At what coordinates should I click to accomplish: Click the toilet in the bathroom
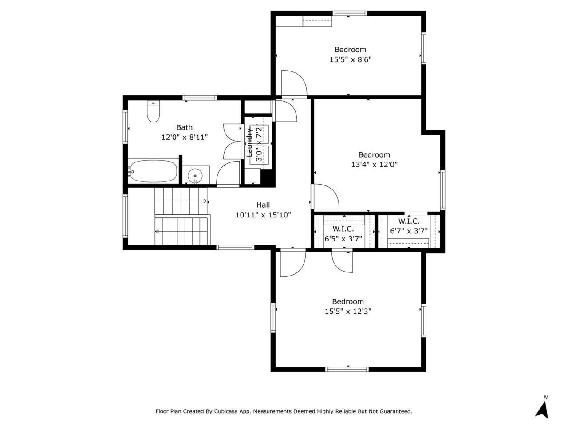tap(153, 111)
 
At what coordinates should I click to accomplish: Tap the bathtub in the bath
tap(153, 171)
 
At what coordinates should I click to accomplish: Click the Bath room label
tap(184, 127)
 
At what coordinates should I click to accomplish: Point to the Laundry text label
tap(249, 142)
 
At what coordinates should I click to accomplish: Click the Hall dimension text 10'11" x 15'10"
tap(263, 215)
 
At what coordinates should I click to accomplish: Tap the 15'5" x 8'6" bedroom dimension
tap(351, 60)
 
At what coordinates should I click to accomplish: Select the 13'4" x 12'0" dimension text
tap(374, 165)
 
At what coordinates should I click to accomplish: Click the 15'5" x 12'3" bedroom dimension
tap(348, 311)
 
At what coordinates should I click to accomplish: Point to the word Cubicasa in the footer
tap(225, 411)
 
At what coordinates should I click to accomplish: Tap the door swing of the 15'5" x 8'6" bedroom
tap(294, 83)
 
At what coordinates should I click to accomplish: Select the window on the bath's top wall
tap(200, 98)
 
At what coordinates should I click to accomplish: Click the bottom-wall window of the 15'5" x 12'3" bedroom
tap(347, 369)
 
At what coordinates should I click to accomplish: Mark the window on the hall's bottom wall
tap(235, 248)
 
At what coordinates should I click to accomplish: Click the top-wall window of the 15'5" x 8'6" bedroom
tap(350, 13)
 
